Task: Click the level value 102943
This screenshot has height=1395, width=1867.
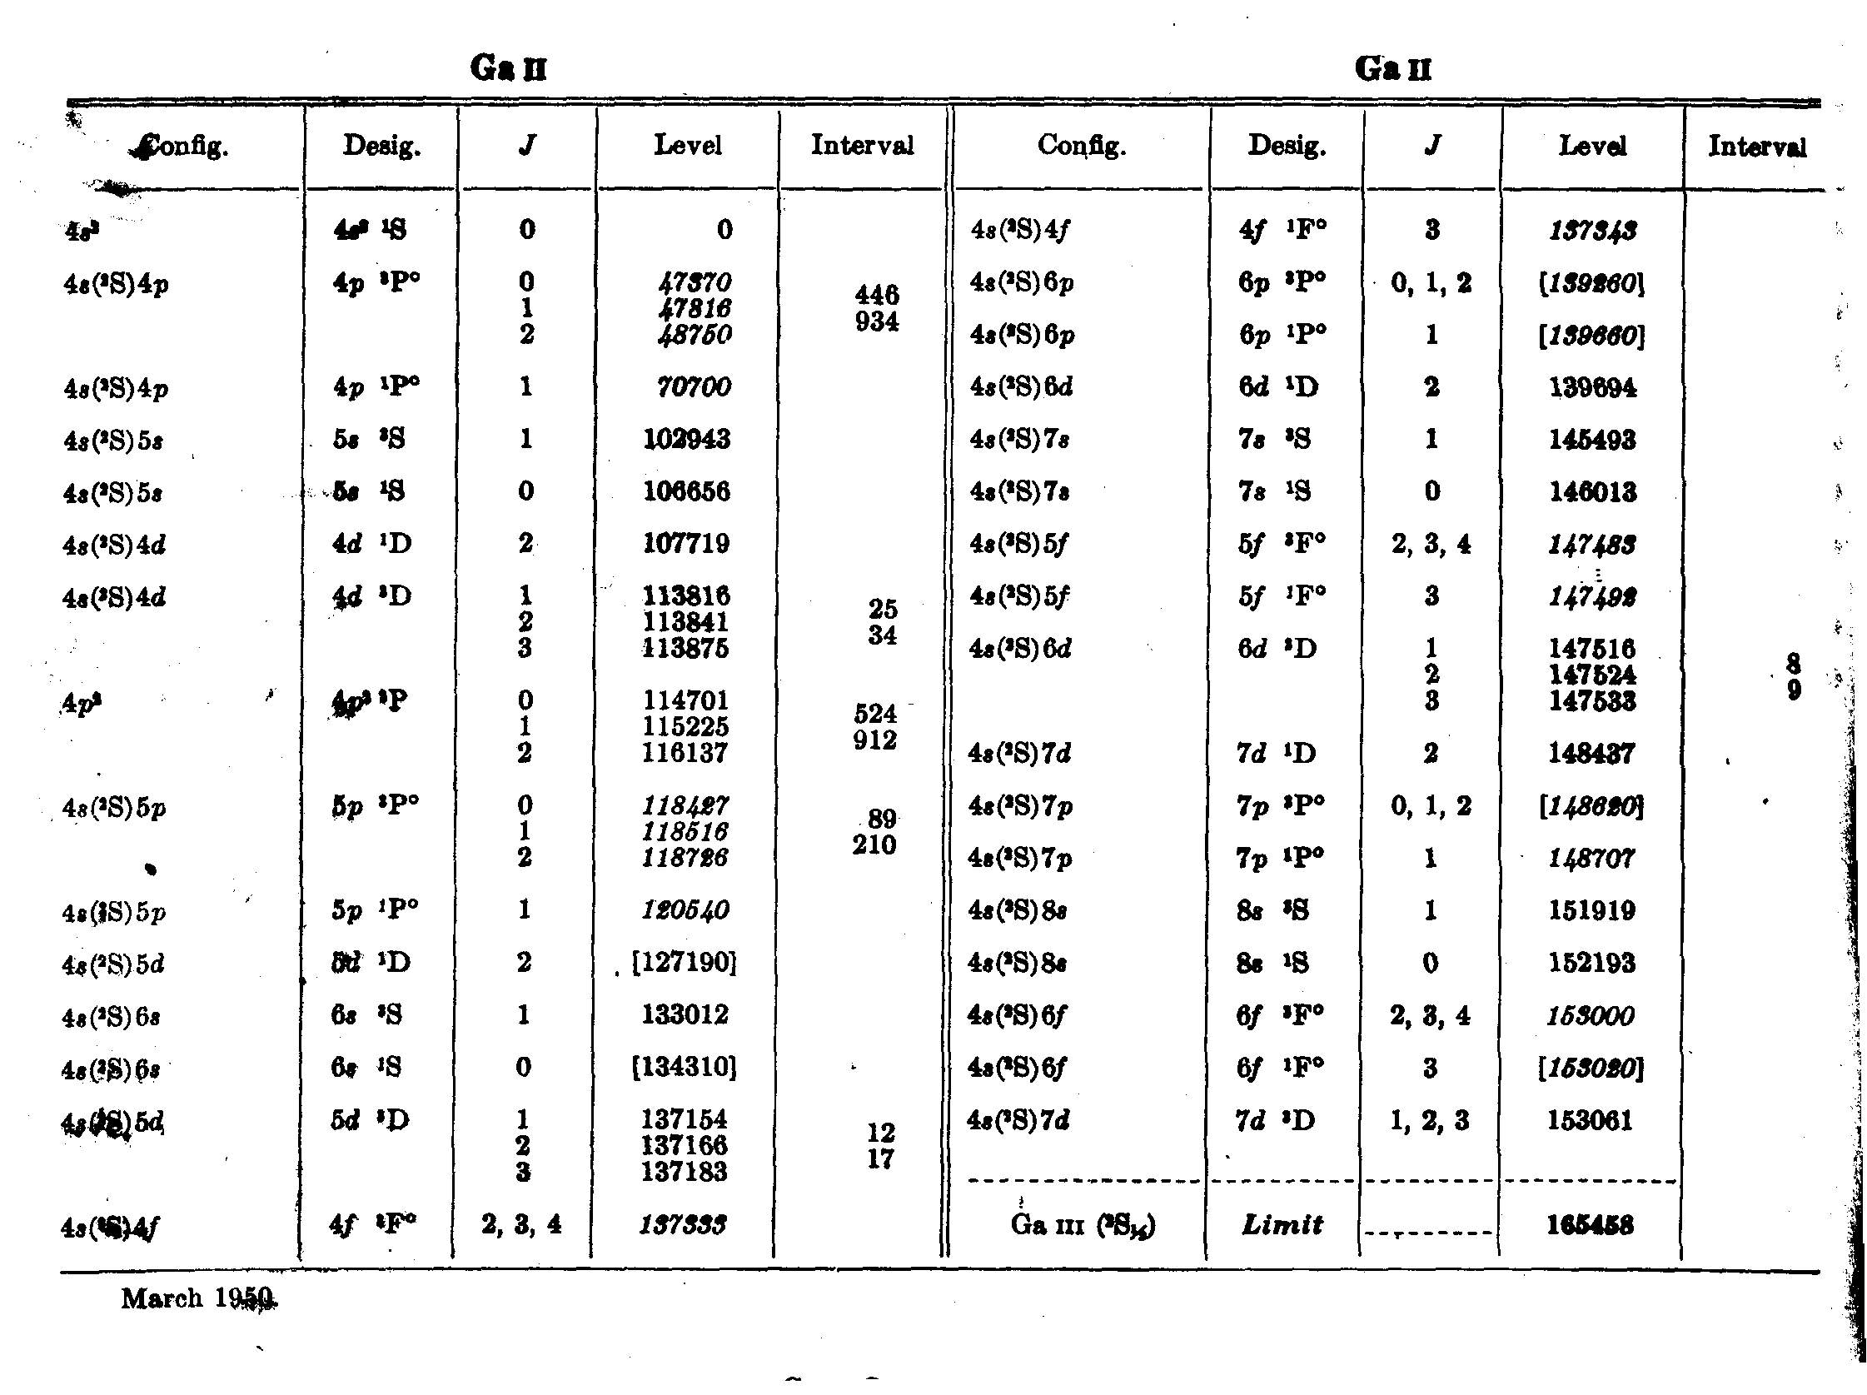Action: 686,440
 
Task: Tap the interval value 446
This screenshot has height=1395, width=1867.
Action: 877,295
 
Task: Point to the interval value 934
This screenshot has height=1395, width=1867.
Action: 877,321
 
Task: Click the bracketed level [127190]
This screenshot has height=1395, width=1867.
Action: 685,963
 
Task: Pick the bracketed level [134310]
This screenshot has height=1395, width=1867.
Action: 685,1068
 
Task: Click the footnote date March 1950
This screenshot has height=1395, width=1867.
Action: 198,1298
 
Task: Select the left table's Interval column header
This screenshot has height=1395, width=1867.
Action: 862,146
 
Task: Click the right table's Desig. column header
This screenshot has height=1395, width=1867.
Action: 1287,147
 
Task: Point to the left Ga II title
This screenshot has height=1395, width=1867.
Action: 509,67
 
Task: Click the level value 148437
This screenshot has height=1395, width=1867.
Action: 1591,754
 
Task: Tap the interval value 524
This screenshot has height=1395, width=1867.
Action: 875,714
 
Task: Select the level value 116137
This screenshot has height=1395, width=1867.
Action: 685,753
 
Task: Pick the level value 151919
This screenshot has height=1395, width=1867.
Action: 1592,911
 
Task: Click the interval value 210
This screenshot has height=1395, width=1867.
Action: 874,844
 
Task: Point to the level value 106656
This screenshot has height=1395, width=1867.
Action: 686,491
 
